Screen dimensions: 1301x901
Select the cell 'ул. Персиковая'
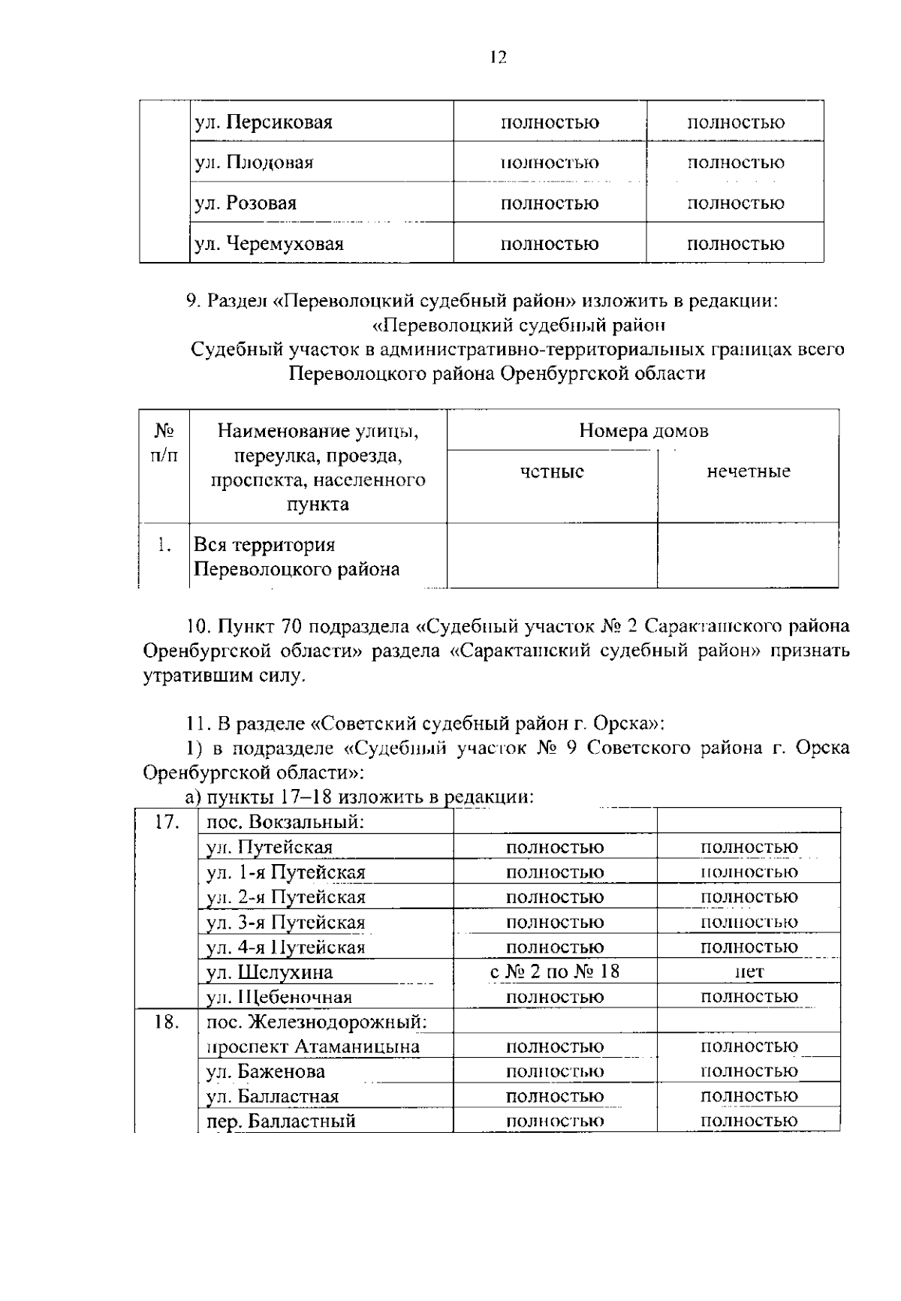point(264,122)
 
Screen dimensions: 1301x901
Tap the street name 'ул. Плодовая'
point(254,163)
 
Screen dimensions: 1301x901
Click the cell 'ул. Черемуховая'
point(269,244)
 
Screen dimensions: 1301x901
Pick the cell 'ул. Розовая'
point(246,203)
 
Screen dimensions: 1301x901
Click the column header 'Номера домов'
point(643,431)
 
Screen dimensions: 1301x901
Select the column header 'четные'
point(552,472)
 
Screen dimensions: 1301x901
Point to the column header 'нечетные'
point(748,472)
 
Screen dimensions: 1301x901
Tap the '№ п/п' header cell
point(164,443)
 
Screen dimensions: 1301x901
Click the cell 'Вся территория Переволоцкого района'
point(297,557)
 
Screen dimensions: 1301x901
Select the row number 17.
point(167,822)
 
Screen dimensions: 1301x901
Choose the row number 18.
point(167,1022)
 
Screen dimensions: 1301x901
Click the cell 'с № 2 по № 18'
point(555,972)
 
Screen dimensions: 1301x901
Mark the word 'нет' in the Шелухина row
point(749,972)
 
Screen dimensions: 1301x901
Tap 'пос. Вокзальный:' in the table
point(285,822)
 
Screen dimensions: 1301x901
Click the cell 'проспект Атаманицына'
point(313,1047)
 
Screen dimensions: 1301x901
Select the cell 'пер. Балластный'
point(281,1121)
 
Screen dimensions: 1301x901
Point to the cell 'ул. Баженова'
point(266,1071)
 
